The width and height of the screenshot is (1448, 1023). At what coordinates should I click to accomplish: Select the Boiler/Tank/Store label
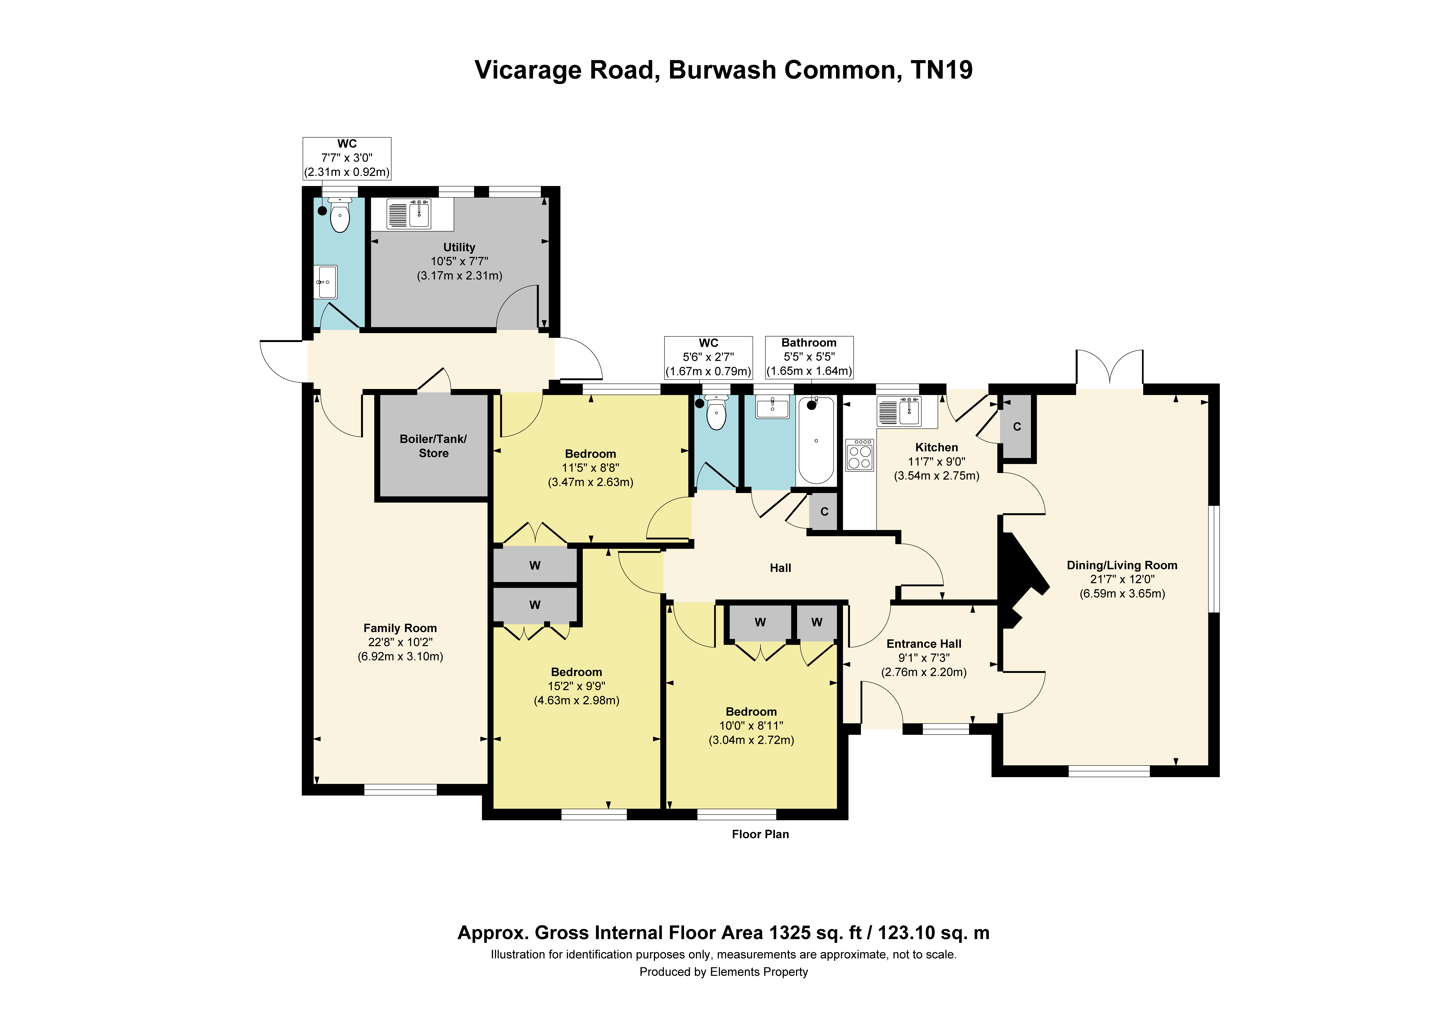(x=433, y=446)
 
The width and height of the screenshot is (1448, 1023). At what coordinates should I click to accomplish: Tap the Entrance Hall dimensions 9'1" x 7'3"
(x=924, y=658)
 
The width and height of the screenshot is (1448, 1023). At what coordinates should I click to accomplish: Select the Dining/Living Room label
(x=1122, y=565)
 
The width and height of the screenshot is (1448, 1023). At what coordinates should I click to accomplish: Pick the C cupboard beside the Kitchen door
(x=1017, y=427)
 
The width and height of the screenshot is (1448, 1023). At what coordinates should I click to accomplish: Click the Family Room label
(x=400, y=628)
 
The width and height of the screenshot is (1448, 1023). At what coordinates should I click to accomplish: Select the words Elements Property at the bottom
(x=759, y=972)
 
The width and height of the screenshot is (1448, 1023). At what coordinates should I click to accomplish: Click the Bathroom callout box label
(x=809, y=343)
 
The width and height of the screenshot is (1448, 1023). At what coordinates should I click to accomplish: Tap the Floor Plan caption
(x=761, y=835)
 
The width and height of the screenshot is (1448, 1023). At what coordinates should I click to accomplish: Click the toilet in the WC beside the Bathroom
(x=716, y=413)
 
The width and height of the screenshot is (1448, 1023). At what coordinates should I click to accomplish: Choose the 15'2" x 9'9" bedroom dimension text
(x=576, y=686)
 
